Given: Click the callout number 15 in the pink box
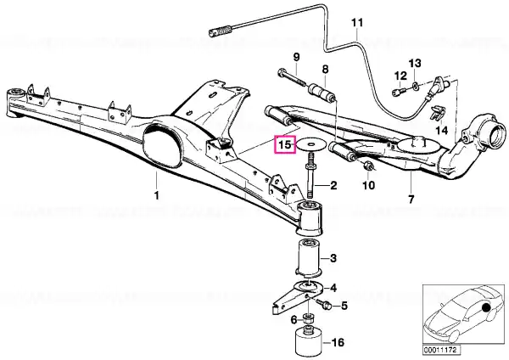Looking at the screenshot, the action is [x=285, y=144].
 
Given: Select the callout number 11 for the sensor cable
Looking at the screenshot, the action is [x=357, y=23].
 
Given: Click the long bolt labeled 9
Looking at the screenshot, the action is [x=291, y=76].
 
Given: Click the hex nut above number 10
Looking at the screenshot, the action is [x=369, y=165].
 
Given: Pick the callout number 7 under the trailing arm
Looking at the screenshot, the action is [x=411, y=199].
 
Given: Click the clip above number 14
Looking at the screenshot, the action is [x=437, y=112].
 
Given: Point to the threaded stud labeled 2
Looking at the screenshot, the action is [x=310, y=176].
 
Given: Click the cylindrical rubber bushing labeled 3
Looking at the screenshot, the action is [x=308, y=257].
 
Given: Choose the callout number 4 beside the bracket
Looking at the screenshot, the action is [x=333, y=288].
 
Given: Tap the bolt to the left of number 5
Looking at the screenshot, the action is [x=323, y=304].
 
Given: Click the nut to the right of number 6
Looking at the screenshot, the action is [x=308, y=317].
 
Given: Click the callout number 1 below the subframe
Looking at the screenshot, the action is [x=156, y=196].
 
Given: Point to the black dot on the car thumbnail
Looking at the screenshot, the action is [x=486, y=307].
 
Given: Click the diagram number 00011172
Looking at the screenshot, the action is [x=439, y=351].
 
